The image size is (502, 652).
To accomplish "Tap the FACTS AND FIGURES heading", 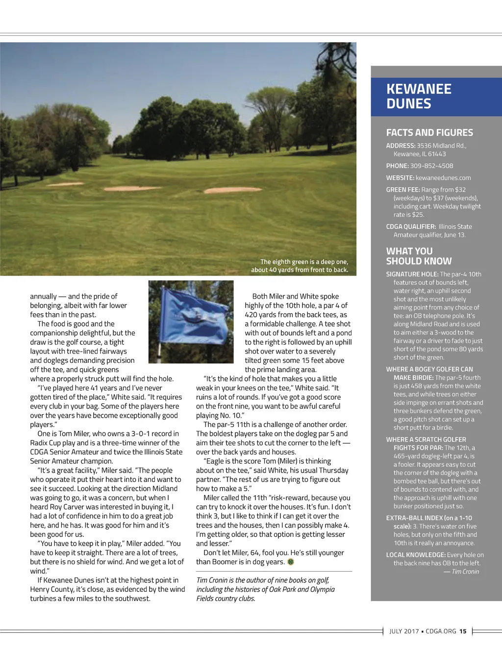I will coord(429,133).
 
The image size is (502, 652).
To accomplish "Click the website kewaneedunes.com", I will coord(443,178).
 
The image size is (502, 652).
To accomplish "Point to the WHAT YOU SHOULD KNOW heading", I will coord(419,256).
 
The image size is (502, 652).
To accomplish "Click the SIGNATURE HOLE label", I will coord(412,275).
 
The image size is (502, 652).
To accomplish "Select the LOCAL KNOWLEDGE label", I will coord(416,555).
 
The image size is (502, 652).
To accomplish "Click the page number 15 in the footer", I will coord(463,631).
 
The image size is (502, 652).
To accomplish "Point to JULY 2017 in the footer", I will coord(404,631).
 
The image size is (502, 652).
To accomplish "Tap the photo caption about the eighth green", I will coord(300,266).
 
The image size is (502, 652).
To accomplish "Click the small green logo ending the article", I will coord(291,562).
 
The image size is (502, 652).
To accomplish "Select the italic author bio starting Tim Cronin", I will coord(265,589).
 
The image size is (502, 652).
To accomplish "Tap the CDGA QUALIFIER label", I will coord(411,227).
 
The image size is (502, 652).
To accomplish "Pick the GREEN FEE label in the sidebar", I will coord(403,190).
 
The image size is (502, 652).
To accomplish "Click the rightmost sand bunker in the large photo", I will coord(227,190).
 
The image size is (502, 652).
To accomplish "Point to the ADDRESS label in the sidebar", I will coord(401,146).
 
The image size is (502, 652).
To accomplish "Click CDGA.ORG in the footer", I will coord(441,631).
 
